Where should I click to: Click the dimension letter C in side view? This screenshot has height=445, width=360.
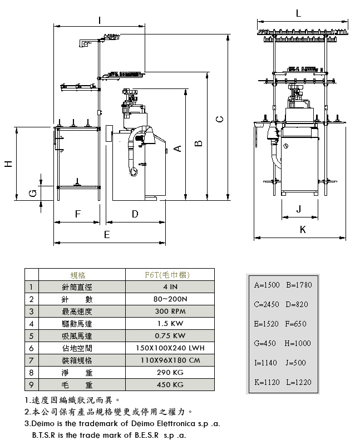[x=220, y=119]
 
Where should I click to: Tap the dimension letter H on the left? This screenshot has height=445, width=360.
[x=8, y=164]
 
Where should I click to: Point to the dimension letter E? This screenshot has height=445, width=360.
[x=107, y=235]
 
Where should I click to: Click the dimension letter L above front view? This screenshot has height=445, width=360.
[x=299, y=13]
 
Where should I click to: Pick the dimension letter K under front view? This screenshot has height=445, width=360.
[x=303, y=229]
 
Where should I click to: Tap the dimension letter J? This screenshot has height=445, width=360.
[x=299, y=209]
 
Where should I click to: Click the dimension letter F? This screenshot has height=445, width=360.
[x=78, y=214]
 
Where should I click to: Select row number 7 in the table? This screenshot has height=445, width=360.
[x=32, y=360]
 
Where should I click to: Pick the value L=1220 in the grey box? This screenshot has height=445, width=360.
[x=299, y=382]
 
